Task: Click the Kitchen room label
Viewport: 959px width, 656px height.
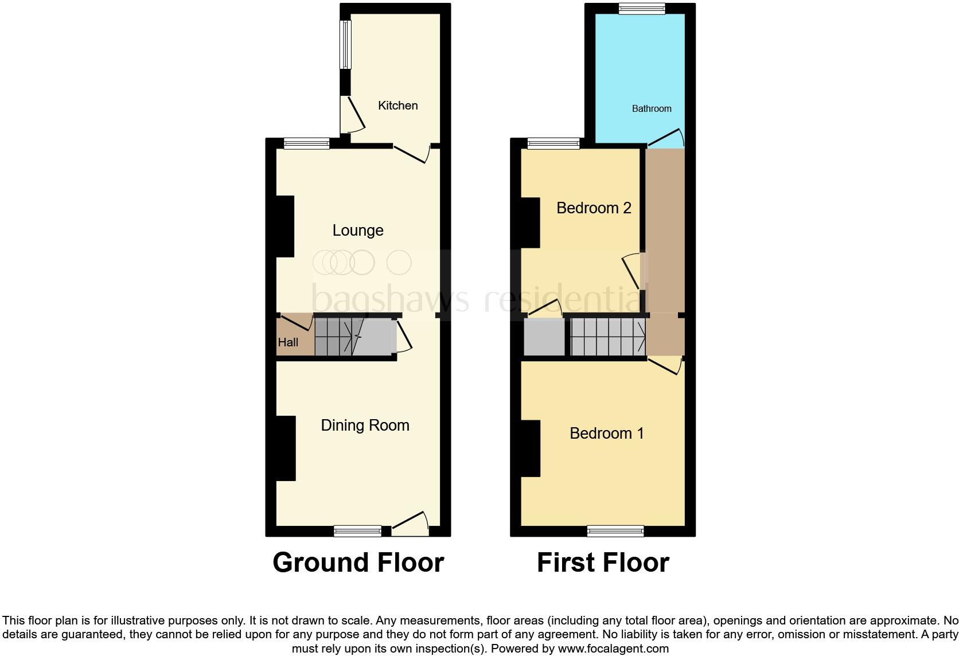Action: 397,106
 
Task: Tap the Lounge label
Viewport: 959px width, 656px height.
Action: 358,231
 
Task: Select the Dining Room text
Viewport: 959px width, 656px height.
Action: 365,425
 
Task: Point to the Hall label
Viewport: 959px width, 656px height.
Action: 288,342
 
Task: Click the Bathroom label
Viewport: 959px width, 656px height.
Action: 652,108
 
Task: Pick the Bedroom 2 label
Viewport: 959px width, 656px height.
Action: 594,208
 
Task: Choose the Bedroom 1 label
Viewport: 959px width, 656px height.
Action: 606,433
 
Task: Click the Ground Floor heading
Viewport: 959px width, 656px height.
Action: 358,563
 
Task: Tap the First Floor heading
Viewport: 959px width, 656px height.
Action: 603,563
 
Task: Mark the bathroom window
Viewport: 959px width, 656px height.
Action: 642,8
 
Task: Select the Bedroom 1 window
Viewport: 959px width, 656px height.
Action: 615,531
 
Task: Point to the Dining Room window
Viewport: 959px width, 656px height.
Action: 358,531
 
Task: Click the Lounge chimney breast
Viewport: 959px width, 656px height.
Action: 285,227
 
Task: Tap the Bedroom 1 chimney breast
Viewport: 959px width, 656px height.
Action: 530,448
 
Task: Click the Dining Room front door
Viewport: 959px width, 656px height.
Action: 411,524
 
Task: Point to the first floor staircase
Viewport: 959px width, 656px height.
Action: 608,337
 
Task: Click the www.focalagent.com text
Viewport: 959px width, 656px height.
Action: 613,649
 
